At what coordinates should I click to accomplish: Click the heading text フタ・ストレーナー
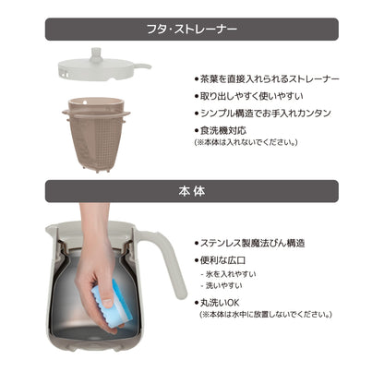[x=192, y=30]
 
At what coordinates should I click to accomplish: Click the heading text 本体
[x=192, y=191]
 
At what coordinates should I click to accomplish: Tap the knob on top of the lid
[x=96, y=54]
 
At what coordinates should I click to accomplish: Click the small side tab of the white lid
[x=142, y=66]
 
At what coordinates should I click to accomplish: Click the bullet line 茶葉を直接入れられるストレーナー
[x=267, y=79]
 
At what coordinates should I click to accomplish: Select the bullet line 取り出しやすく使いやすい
[x=248, y=96]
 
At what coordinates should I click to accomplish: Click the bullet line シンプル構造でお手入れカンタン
[x=262, y=114]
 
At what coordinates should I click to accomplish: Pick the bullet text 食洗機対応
[x=221, y=130]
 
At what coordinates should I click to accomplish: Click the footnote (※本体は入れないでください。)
[x=246, y=142]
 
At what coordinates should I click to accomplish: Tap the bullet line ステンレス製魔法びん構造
[x=249, y=243]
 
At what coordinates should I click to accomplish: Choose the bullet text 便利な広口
[x=220, y=260]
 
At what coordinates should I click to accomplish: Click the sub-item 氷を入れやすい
[x=228, y=274]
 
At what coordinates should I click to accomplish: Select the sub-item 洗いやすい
[x=222, y=285]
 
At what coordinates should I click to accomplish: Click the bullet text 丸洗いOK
[x=217, y=303]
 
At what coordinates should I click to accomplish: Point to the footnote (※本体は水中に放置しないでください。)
[x=266, y=315]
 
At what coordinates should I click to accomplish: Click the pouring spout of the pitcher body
[x=51, y=228]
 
